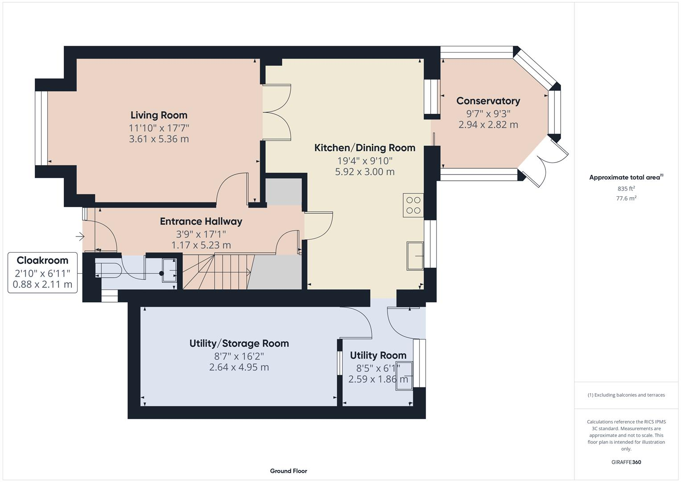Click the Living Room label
click(x=159, y=115)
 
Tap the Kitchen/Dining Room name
click(x=364, y=148)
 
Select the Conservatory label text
click(x=488, y=101)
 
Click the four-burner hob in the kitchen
click(x=413, y=205)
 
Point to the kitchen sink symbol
click(x=415, y=256)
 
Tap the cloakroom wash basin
click(x=169, y=270)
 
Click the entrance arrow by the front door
click(x=80, y=236)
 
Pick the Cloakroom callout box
click(x=42, y=272)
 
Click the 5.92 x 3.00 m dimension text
click(x=364, y=172)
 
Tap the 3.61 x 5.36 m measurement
click(x=159, y=139)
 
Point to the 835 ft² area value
click(x=626, y=188)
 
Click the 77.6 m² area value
click(x=626, y=198)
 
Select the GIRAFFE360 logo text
click(x=626, y=462)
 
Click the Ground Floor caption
click(x=288, y=471)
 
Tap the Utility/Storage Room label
click(x=239, y=343)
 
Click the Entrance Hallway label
click(x=201, y=221)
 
